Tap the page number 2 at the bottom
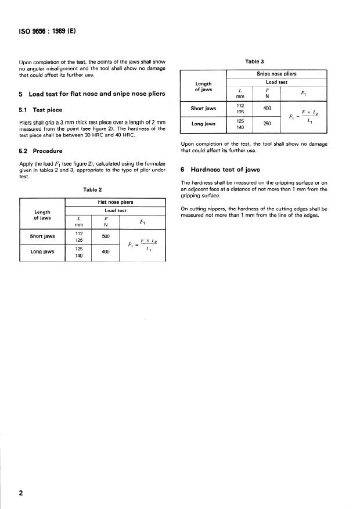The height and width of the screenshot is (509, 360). pyautogui.click(x=21, y=493)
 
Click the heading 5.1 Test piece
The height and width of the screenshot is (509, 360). pyautogui.click(x=41, y=109)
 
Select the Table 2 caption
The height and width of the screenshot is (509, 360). pyautogui.click(x=92, y=189)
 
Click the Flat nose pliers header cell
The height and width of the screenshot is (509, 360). pyautogui.click(x=118, y=202)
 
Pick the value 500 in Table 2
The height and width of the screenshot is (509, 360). pyautogui.click(x=106, y=236)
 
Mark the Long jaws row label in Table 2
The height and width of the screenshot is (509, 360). pyautogui.click(x=42, y=252)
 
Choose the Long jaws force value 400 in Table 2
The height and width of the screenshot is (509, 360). pyautogui.click(x=106, y=252)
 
